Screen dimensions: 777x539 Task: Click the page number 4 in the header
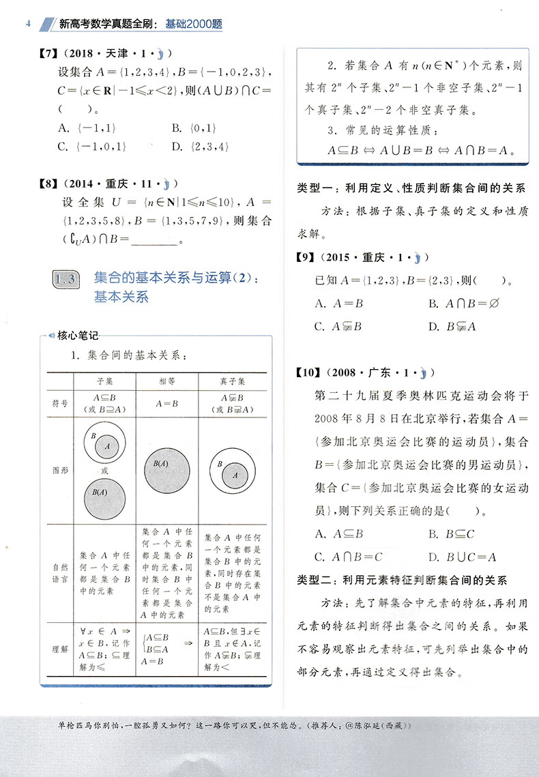pyautogui.click(x=27, y=25)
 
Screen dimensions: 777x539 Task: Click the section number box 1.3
pyautogui.click(x=66, y=279)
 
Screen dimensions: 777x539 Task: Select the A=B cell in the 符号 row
pyautogui.click(x=166, y=404)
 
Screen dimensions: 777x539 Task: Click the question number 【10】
pyautogui.click(x=308, y=372)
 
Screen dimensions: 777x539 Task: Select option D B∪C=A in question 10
pyautogui.click(x=462, y=557)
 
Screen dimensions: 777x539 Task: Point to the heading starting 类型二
pyautogui.click(x=403, y=580)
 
